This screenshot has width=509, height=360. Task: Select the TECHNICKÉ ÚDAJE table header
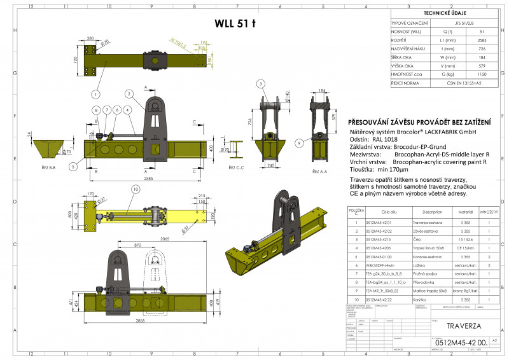click(449, 13)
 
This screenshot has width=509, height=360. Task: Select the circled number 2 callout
click(129, 93)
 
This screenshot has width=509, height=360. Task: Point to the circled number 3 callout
click(260, 84)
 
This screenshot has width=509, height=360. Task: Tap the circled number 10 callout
click(135, 190)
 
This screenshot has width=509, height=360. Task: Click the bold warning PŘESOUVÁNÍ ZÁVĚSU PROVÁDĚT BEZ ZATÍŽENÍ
click(421, 122)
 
